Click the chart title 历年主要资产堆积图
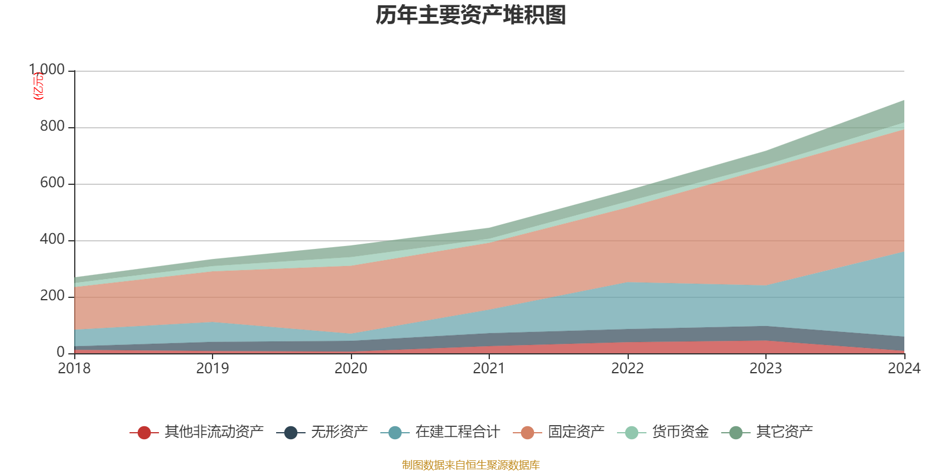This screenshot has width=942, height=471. (471, 15)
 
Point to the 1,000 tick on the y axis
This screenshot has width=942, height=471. (48, 70)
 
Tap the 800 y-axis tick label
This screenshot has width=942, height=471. (52, 127)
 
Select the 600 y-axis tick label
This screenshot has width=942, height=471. (52, 183)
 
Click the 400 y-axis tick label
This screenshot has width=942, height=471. (52, 240)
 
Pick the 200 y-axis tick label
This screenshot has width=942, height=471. (52, 296)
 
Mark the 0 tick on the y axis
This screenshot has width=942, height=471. (61, 353)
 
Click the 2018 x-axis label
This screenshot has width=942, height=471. (74, 369)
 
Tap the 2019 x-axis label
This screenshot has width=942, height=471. (213, 369)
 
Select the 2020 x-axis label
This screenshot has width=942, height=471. (351, 369)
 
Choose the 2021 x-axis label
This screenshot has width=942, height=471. (489, 369)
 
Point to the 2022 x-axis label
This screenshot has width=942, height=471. (628, 369)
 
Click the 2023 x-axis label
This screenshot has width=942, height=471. (765, 369)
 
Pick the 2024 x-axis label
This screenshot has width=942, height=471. (904, 369)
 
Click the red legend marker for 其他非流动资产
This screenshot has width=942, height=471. (144, 433)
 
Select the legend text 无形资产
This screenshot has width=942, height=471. (339, 432)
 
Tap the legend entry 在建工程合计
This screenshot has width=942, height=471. (457, 432)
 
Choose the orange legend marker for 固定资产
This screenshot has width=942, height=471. (528, 433)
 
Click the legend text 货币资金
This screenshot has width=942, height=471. (680, 432)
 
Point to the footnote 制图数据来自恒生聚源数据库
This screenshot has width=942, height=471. (471, 465)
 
